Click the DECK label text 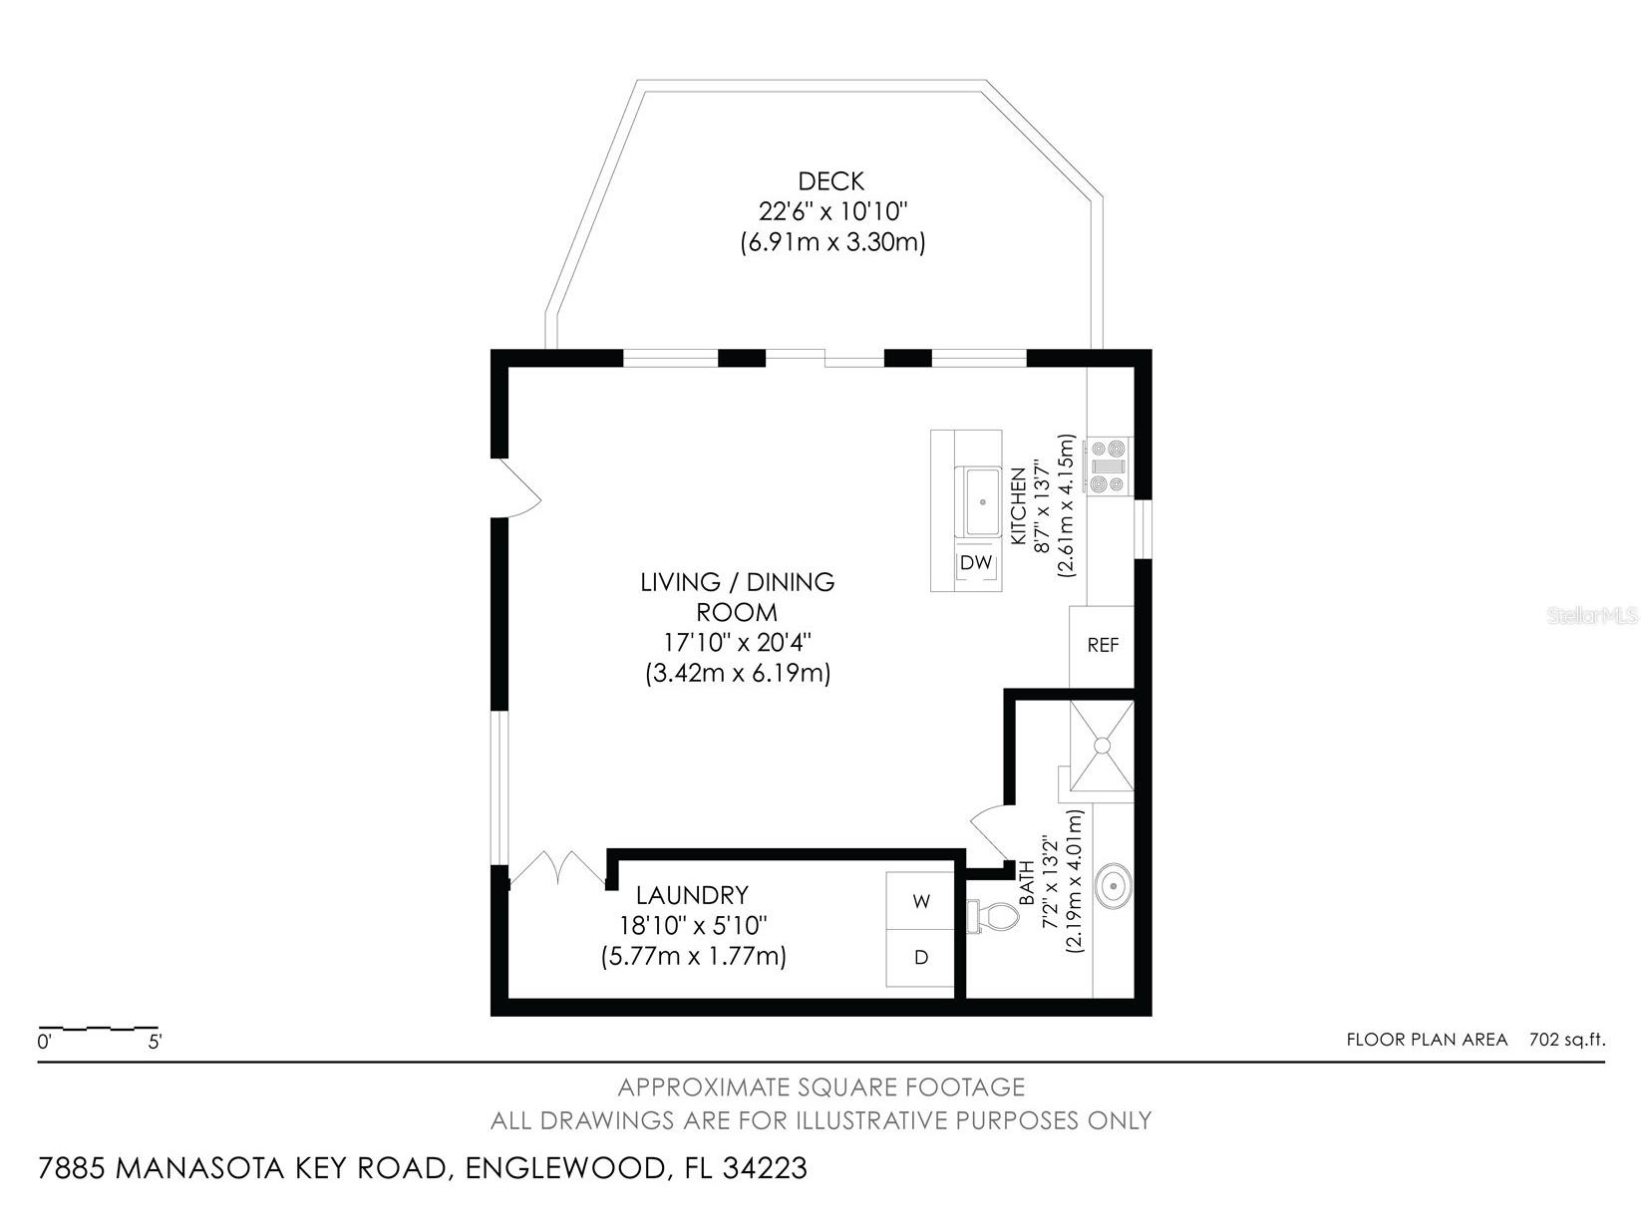pyautogui.click(x=830, y=181)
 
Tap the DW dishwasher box pyautogui.click(x=976, y=563)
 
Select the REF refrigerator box pyautogui.click(x=1103, y=646)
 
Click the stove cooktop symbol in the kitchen pyautogui.click(x=1108, y=465)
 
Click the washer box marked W pyautogui.click(x=921, y=901)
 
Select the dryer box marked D pyautogui.click(x=921, y=958)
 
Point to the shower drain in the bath pyautogui.click(x=1102, y=745)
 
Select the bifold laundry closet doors pyautogui.click(x=554, y=869)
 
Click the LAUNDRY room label pyautogui.click(x=692, y=895)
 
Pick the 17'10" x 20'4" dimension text pyautogui.click(x=737, y=642)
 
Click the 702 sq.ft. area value pyautogui.click(x=1567, y=1040)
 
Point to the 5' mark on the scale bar pyautogui.click(x=155, y=1043)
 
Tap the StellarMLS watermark pyautogui.click(x=1592, y=616)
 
